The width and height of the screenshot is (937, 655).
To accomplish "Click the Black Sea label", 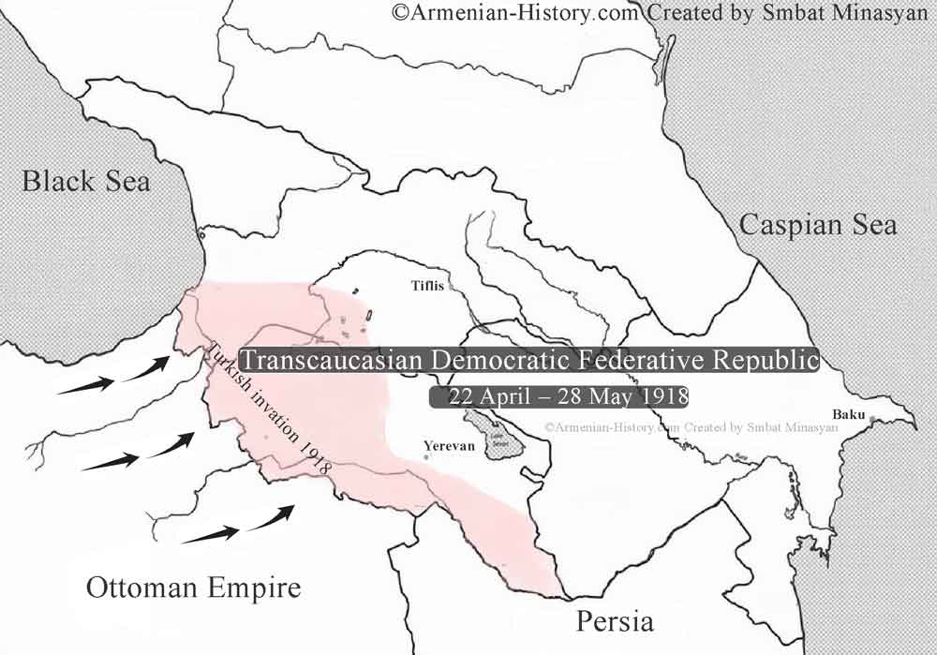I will (x=86, y=180).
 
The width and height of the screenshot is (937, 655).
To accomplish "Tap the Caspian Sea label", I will (x=817, y=225).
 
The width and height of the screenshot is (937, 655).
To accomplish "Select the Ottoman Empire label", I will (x=194, y=588).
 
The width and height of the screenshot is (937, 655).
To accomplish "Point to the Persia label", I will (x=615, y=620).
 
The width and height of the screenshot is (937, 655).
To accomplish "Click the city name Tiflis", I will (x=428, y=286).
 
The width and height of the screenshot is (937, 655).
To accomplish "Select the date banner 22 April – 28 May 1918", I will (x=559, y=396).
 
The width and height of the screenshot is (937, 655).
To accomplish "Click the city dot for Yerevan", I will (x=427, y=457).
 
